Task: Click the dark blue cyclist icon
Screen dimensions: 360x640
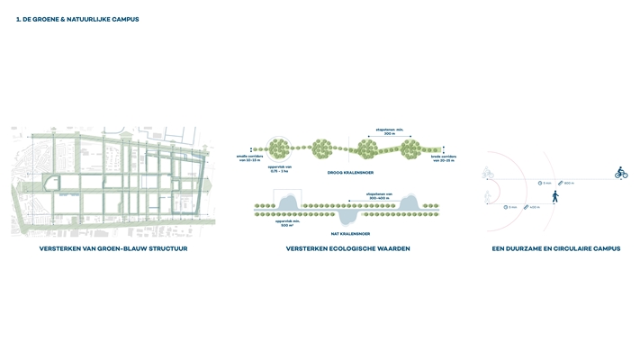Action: tap(620, 173)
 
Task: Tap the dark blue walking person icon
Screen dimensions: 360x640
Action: tap(554, 195)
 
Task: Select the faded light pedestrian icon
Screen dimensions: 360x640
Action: tap(488, 196)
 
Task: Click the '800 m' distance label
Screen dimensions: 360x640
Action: tap(569, 183)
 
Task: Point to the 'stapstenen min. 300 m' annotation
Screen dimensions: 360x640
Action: tap(391, 130)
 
